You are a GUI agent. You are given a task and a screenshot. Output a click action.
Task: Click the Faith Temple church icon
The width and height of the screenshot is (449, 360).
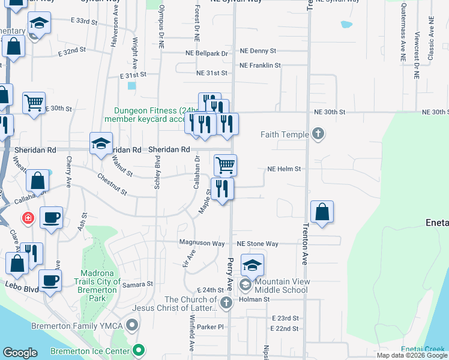[318, 134]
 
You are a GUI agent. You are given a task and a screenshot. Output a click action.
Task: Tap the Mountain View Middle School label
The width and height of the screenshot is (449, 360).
[281, 286]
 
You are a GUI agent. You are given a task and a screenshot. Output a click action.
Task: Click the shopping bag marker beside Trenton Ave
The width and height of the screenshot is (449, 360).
[322, 212]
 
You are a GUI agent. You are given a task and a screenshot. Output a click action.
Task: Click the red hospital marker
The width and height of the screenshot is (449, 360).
[28, 218]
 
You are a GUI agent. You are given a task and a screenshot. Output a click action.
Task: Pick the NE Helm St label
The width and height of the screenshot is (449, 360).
[284, 169]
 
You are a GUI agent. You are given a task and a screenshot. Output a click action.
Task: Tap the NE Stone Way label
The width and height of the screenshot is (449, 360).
[258, 244]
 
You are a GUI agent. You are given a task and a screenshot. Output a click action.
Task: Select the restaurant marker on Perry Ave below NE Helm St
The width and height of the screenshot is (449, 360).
[222, 188]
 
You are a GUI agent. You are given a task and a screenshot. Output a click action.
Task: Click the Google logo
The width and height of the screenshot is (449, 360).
[20, 352]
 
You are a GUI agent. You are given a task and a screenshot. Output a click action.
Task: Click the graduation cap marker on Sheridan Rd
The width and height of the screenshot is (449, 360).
[101, 143]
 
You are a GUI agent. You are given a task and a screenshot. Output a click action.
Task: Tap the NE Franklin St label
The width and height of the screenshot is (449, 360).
[260, 65]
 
